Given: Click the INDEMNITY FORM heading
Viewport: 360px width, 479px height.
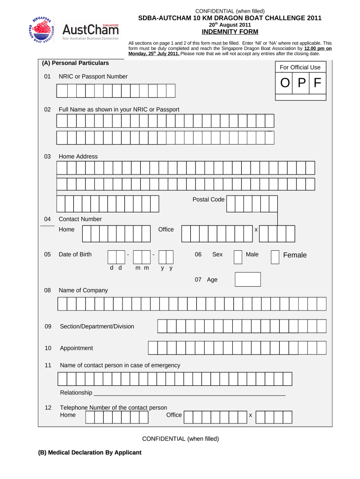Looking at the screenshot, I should tap(230, 32).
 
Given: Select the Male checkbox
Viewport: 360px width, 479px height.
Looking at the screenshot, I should tap(238, 257).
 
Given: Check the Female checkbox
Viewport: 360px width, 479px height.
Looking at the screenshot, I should tap(275, 257).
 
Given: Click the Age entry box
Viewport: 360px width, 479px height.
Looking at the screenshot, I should tap(247, 279).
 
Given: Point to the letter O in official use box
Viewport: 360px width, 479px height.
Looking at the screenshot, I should tap(284, 83).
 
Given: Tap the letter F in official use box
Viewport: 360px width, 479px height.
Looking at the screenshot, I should tap(317, 83).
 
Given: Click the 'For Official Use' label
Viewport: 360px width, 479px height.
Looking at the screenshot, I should tap(300, 67).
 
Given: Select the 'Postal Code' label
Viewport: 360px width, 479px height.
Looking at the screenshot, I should tap(208, 199).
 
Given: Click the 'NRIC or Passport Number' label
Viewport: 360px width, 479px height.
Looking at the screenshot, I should tap(93, 76).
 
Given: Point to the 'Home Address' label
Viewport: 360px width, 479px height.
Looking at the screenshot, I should tap(78, 156).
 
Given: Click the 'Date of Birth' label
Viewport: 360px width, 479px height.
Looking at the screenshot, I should tap(75, 254).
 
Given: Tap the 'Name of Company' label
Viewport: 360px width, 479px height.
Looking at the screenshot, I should tap(83, 290).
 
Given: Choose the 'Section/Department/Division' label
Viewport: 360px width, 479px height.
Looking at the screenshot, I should tap(97, 326).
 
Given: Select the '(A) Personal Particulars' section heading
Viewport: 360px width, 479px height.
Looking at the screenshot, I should tap(75, 63).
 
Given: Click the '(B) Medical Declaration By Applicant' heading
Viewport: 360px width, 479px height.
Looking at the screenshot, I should tap(90, 452).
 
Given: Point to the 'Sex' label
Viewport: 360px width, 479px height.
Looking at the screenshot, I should tap(217, 254).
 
